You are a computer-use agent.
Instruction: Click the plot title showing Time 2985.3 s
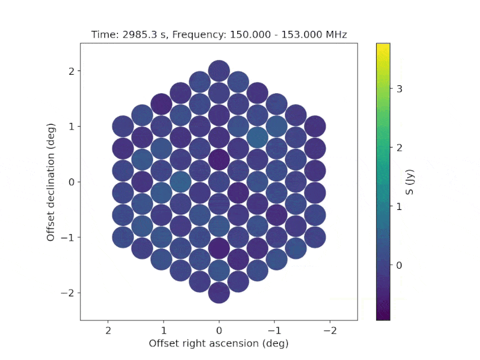pos(219,35)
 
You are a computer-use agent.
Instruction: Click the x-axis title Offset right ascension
pos(219,343)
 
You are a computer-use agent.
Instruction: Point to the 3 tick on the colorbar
pos(399,88)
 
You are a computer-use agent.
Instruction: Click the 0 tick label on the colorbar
pos(399,265)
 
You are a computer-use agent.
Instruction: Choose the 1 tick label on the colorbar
pos(399,206)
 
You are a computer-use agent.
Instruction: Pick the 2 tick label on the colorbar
pos(399,148)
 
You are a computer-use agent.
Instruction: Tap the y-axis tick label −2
pos(67,292)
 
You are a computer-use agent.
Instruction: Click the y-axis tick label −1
pos(67,237)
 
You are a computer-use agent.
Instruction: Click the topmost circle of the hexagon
pos(219,71)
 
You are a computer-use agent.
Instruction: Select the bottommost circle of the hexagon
pos(219,292)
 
